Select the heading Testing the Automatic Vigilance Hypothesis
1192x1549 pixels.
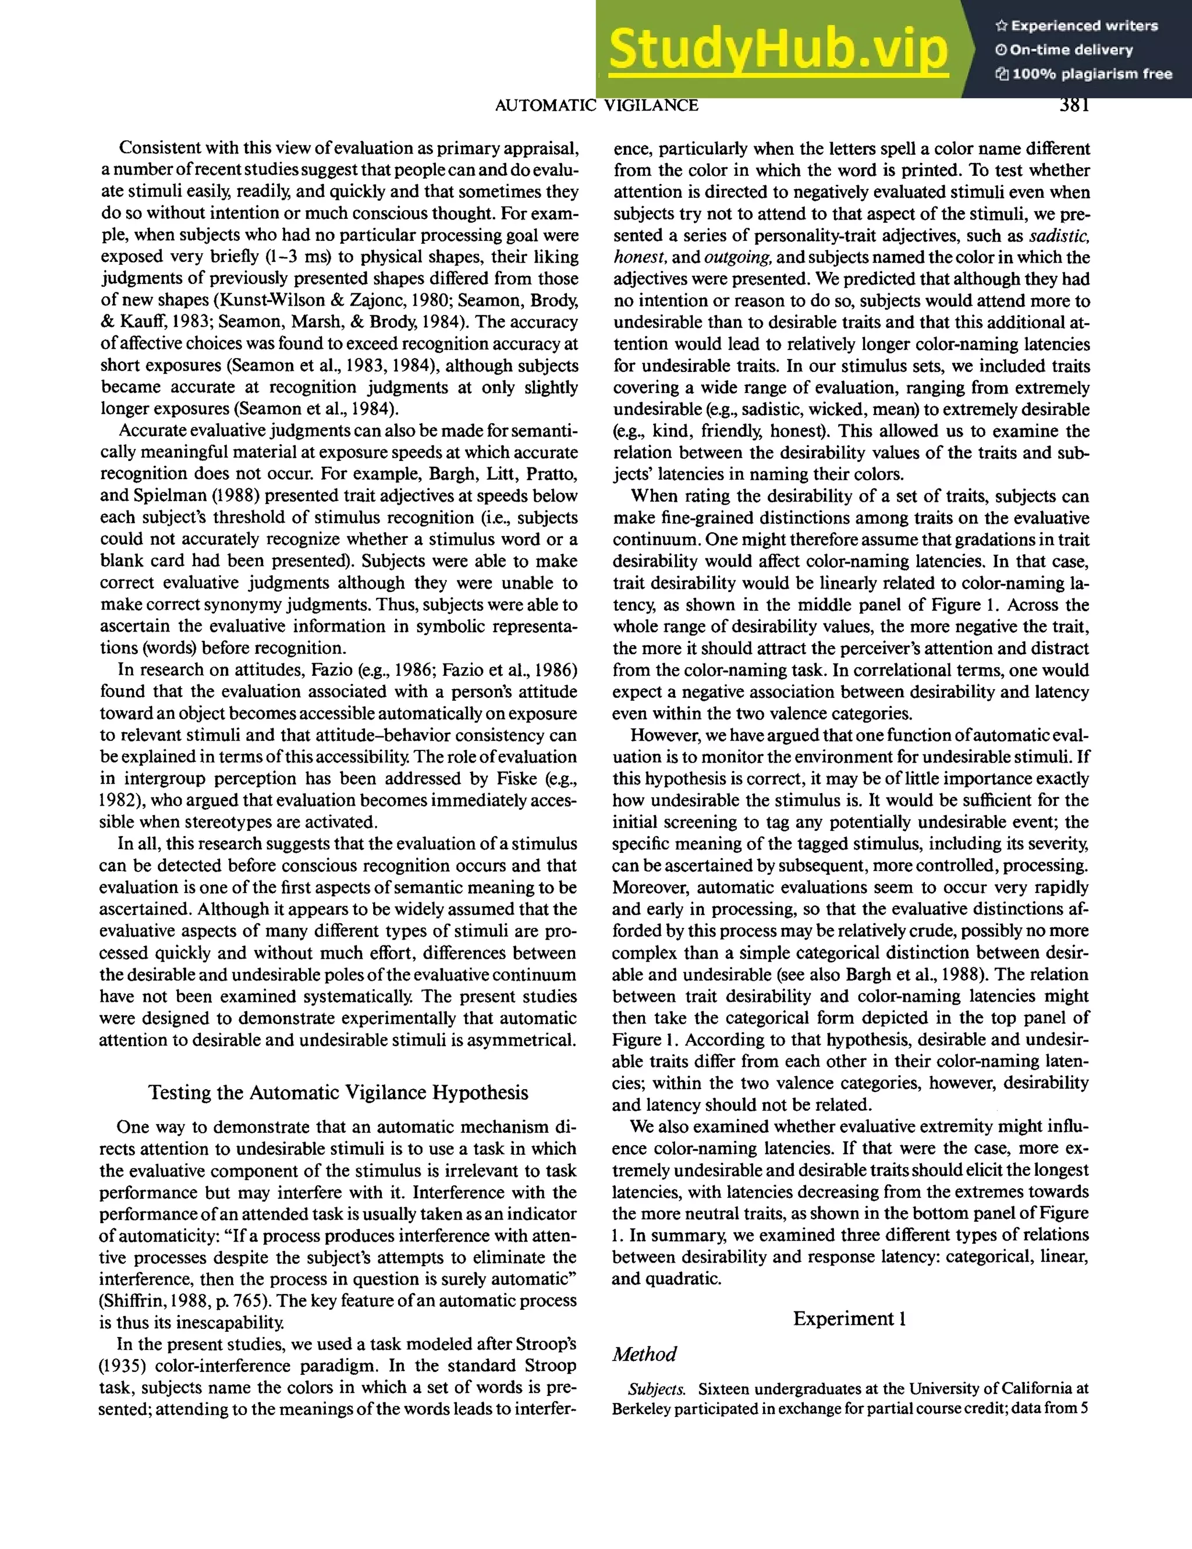pos(338,1092)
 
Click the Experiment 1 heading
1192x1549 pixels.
pos(850,1318)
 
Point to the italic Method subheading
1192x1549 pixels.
pos(644,1354)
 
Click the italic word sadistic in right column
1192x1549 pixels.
pos(1059,236)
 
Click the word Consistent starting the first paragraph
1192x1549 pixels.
pos(160,148)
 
